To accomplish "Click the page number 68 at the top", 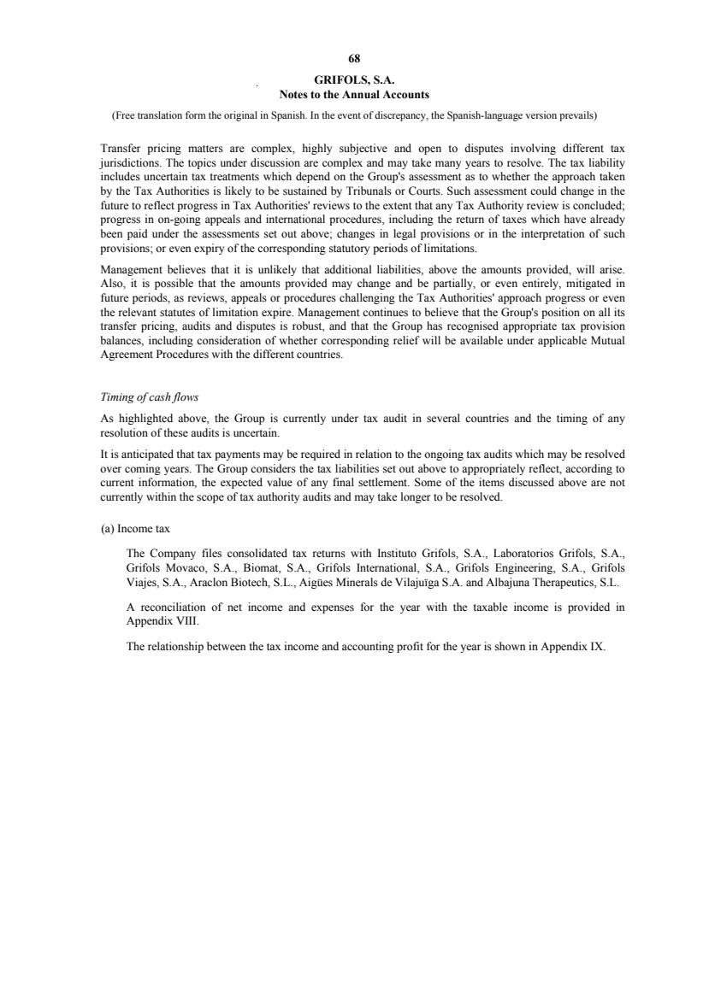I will pyautogui.click(x=354, y=59).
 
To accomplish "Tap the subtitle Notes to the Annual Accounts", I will pyautogui.click(x=354, y=94).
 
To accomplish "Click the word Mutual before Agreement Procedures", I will pyautogui.click(x=608, y=339).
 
